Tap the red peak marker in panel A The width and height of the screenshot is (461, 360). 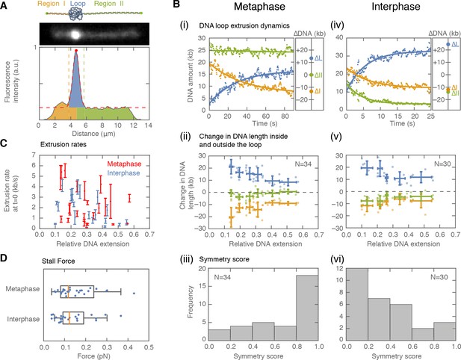pos(76,51)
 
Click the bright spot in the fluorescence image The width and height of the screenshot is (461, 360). pos(75,34)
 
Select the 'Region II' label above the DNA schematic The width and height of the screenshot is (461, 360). pos(109,4)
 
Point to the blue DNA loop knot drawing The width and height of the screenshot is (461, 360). pos(75,13)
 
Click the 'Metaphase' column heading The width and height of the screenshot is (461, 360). pos(259,7)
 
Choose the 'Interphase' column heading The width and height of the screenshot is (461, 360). pos(396,7)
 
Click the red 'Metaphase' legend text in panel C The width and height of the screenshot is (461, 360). pos(124,164)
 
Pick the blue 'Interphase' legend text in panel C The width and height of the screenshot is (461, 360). pos(123,173)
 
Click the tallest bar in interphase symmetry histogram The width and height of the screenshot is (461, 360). pos(357,304)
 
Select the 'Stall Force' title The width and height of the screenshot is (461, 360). pos(58,261)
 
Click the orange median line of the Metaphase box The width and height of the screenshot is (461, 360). pos(68,292)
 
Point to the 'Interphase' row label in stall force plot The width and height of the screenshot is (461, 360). pos(23,319)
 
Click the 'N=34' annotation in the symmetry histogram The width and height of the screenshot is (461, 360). pos(223,277)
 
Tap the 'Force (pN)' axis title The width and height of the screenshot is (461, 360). pos(94,356)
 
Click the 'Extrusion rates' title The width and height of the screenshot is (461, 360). pos(64,144)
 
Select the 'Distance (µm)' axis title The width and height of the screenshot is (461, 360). pos(93,134)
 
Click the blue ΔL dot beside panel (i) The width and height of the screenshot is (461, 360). pos(312,58)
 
